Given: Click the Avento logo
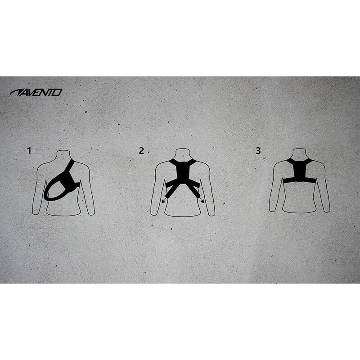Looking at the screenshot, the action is (36, 93).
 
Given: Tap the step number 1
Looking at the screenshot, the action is (29, 151).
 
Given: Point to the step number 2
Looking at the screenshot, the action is (141, 151).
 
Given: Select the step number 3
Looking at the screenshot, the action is (258, 151).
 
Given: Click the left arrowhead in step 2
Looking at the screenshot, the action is (163, 201).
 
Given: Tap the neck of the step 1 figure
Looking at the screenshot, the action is (63, 155).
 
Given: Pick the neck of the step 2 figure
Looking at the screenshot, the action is (183, 153).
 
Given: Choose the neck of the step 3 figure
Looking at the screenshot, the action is (300, 153).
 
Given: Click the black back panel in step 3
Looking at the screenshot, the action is (300, 170).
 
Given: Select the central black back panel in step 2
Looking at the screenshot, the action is (183, 173).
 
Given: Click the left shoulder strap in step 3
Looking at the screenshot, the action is (290, 162).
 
